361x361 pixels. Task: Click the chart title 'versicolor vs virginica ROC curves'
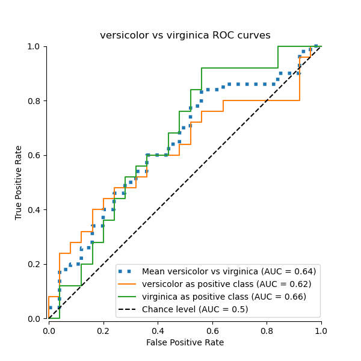(x=185, y=35)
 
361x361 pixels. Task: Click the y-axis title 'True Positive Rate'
(x=19, y=182)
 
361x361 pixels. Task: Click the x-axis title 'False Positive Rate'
(x=185, y=342)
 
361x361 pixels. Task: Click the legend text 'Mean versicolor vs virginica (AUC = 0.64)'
(x=229, y=271)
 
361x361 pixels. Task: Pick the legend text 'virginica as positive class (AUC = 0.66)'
(x=224, y=297)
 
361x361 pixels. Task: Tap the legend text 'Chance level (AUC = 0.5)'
(x=195, y=309)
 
